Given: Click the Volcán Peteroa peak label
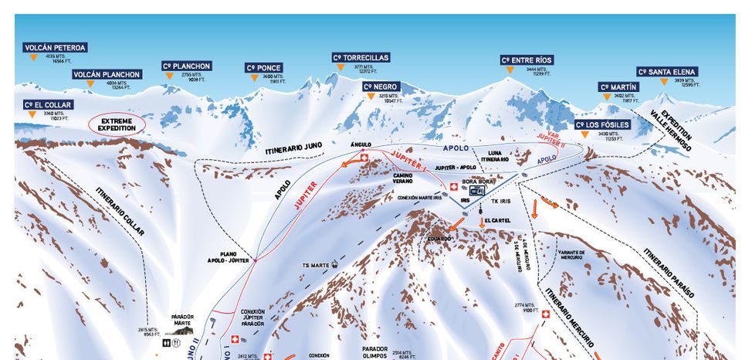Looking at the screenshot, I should (55, 47).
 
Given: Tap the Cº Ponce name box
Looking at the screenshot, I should (263, 67).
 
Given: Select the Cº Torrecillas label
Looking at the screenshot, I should (361, 57).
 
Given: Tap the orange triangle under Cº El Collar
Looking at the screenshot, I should (32, 114).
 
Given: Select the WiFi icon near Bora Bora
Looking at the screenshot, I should (477, 190).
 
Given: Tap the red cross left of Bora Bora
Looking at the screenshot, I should (453, 186).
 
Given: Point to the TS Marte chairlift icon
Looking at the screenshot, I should (335, 264).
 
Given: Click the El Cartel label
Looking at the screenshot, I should (496, 220).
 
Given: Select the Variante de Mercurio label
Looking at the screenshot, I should (572, 256).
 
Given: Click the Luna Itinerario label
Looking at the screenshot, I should (493, 156).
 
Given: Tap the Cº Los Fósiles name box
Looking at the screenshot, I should (603, 124).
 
